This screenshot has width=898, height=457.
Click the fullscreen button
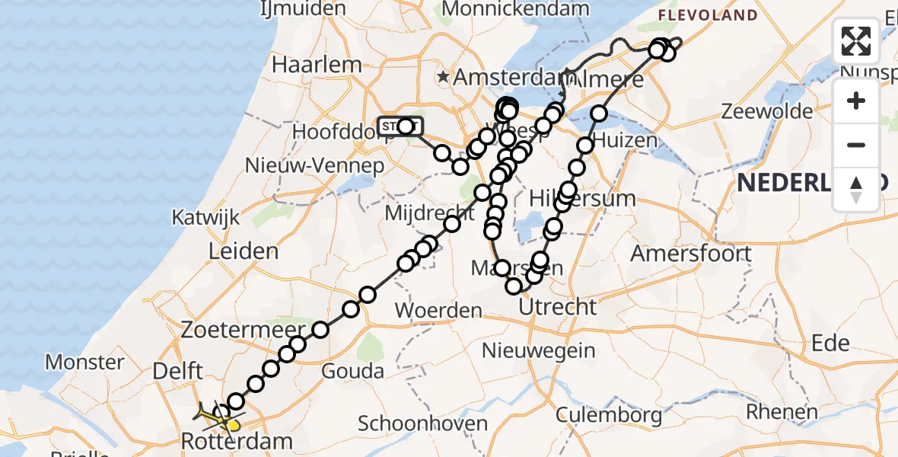[x=856, y=41]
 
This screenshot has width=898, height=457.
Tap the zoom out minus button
[x=856, y=145]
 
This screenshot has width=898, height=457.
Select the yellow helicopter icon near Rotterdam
[x=217, y=417]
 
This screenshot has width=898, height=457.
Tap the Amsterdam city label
[x=508, y=78]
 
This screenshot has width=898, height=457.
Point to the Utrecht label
[x=557, y=308]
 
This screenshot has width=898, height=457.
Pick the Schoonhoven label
[x=422, y=423]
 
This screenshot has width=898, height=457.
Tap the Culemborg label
[x=609, y=415]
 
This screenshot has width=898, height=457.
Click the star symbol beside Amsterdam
[x=444, y=77]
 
